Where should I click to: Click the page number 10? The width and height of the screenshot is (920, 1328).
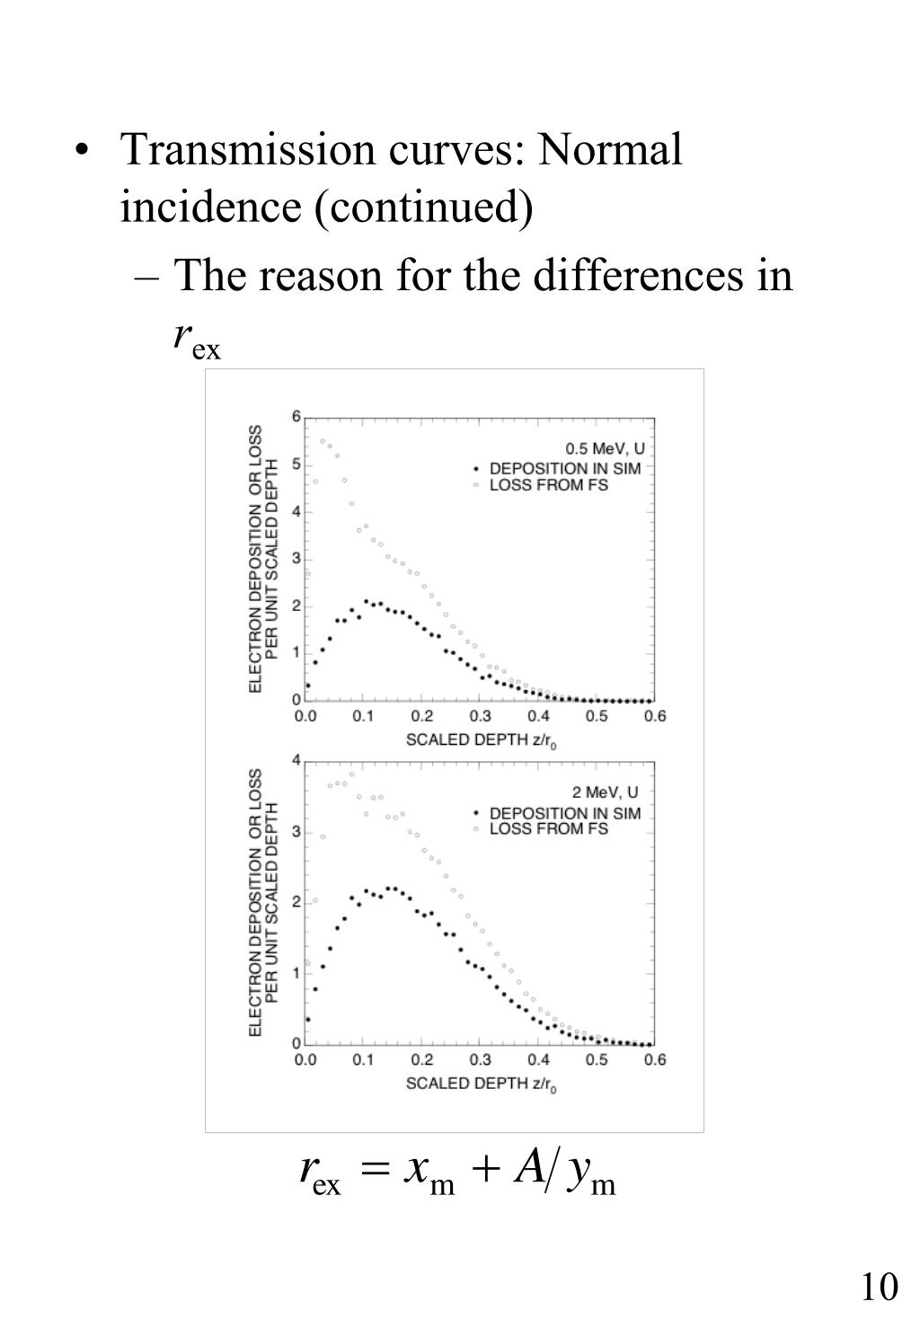tap(880, 1286)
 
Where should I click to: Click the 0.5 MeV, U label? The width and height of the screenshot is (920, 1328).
tap(605, 448)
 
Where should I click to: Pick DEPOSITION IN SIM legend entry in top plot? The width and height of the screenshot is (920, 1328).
tap(564, 468)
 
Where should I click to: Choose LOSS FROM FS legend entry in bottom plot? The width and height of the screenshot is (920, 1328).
tap(547, 828)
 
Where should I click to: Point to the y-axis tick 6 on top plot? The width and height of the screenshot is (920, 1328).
tap(296, 417)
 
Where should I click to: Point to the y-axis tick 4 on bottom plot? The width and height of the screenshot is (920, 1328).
tap(296, 760)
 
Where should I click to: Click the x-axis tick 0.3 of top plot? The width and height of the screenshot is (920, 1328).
tap(481, 716)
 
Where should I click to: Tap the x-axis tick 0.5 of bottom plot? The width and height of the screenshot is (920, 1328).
tap(597, 1059)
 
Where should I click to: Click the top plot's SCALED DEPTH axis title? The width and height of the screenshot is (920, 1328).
tap(482, 740)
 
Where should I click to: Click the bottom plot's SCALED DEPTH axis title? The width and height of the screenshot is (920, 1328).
tap(482, 1084)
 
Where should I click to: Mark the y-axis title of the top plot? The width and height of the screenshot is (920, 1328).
tap(264, 558)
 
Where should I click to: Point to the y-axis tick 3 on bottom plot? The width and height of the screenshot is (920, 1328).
tap(296, 831)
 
